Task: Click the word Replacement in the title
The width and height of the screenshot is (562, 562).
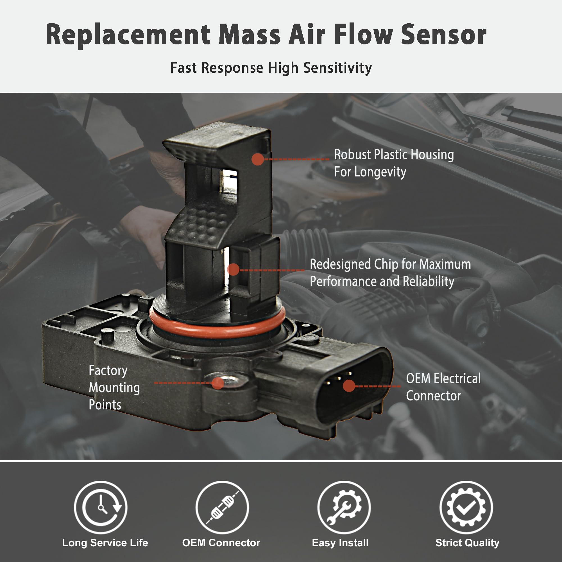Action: [128, 35]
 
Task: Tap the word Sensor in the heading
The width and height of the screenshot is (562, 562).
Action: [443, 35]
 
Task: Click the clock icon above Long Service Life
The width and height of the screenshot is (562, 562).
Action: [101, 507]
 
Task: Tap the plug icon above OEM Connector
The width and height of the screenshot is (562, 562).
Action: [222, 507]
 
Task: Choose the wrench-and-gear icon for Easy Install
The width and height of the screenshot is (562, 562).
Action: [344, 507]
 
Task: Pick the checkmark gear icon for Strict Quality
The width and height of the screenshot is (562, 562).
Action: [466, 507]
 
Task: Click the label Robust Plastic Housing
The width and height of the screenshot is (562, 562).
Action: [394, 155]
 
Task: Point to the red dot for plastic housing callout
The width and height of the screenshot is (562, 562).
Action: [257, 159]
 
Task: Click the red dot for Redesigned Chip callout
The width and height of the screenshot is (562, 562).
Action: [233, 270]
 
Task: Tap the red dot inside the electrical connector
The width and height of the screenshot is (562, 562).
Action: [349, 386]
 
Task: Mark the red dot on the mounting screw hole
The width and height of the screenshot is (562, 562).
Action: [217, 383]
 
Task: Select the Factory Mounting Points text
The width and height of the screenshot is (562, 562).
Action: [114, 387]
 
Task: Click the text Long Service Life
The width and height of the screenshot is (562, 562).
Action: [105, 543]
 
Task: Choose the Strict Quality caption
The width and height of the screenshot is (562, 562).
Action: [467, 543]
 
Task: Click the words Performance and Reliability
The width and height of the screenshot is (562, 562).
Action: [382, 282]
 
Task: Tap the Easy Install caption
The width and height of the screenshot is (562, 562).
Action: [340, 543]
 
